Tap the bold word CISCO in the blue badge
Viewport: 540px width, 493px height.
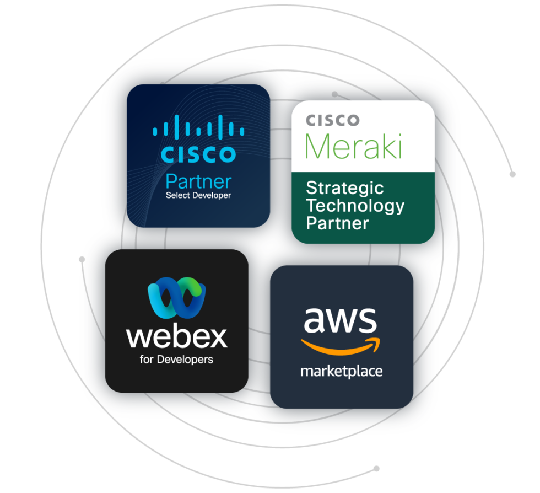[x=198, y=154]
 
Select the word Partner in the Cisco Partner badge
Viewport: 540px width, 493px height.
[x=198, y=181]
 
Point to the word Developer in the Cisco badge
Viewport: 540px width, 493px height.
[x=212, y=195]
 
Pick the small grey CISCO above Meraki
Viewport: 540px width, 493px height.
[x=332, y=120]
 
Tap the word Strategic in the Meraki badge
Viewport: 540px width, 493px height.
[x=344, y=188]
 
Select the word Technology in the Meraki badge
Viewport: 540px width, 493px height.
[x=355, y=206]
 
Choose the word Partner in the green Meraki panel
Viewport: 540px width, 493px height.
[x=337, y=223]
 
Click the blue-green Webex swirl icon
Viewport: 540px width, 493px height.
[x=176, y=298]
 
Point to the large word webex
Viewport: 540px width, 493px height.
[x=176, y=336]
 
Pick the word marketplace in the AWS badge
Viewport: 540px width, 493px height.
[x=341, y=371]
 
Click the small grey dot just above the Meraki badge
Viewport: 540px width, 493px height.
[x=334, y=94]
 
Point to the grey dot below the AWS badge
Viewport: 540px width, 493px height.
[x=376, y=469]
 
